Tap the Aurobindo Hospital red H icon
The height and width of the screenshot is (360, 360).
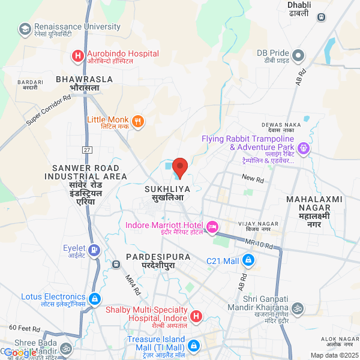click(x=77, y=56)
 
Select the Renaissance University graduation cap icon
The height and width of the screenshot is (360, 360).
click(x=25, y=29)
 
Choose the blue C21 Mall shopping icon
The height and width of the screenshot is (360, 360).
click(x=248, y=261)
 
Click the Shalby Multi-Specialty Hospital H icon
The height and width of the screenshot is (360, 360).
click(x=196, y=316)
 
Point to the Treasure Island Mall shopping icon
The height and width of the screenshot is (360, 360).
click(x=194, y=346)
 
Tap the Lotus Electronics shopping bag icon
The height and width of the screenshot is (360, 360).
click(x=94, y=298)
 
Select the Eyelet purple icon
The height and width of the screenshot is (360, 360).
click(x=94, y=250)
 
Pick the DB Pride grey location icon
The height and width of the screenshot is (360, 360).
click(x=298, y=56)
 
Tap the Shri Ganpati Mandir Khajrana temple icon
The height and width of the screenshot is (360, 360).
click(x=298, y=308)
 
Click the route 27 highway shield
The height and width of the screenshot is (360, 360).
click(x=88, y=149)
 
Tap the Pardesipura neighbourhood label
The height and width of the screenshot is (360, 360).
click(x=158, y=260)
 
